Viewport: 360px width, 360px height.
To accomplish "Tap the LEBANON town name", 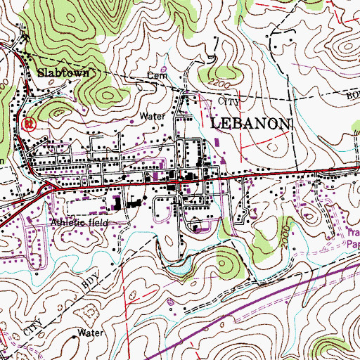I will tap(250, 124).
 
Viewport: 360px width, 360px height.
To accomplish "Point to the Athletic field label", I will tap(80, 222).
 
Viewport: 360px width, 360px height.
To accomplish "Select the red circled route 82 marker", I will tap(28, 124).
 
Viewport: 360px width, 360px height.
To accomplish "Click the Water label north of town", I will tap(152, 115).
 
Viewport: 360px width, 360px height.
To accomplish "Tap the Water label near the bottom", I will tap(91, 333).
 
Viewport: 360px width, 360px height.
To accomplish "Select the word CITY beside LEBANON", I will tap(230, 102).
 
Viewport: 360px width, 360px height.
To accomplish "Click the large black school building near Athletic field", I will tap(116, 205).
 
